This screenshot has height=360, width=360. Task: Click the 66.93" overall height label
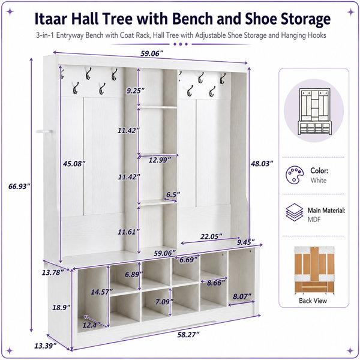point(19,186)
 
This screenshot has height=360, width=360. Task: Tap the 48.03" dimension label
point(262,164)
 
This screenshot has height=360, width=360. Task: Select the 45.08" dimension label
point(74,164)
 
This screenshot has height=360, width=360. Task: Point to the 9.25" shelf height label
point(136,91)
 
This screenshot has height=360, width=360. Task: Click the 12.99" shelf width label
point(160,160)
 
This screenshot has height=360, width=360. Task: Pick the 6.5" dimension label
point(173,194)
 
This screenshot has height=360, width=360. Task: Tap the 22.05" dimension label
point(211,236)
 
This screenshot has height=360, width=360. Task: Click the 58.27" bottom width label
point(188,335)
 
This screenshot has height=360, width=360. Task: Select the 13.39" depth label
point(46,346)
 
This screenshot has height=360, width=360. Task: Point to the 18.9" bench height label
point(61,307)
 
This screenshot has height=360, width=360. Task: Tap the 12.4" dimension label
point(92,325)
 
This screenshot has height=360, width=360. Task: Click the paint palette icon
point(295,175)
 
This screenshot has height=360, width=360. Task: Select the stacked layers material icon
point(295,212)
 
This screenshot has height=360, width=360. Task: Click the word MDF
point(314,220)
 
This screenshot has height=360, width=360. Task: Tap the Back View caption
point(313,301)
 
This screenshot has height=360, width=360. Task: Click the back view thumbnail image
point(314,271)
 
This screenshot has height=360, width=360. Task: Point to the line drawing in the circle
point(314,112)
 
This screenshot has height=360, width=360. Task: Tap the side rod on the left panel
point(44,131)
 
